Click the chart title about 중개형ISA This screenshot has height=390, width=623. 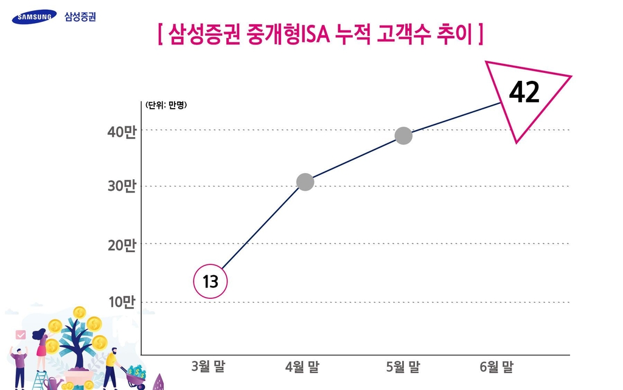click(x=320, y=35)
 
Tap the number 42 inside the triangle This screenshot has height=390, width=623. click(x=524, y=92)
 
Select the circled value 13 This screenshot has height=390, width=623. click(x=210, y=282)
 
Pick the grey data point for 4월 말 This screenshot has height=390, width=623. click(x=305, y=182)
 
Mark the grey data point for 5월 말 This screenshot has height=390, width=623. click(x=403, y=135)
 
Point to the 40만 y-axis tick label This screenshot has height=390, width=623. click(x=122, y=132)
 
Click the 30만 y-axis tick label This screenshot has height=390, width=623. click(x=122, y=187)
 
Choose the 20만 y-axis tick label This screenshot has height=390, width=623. click(x=122, y=245)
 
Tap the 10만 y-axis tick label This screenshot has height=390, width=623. click(x=122, y=303)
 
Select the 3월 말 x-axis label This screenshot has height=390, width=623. click(x=207, y=367)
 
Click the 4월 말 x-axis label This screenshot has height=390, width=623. click(x=302, y=367)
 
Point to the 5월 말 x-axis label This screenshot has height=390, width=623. click(x=403, y=367)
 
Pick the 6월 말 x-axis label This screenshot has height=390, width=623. click(x=496, y=367)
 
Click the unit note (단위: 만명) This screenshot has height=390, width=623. click(x=166, y=105)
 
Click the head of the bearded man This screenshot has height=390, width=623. click(x=113, y=352)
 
